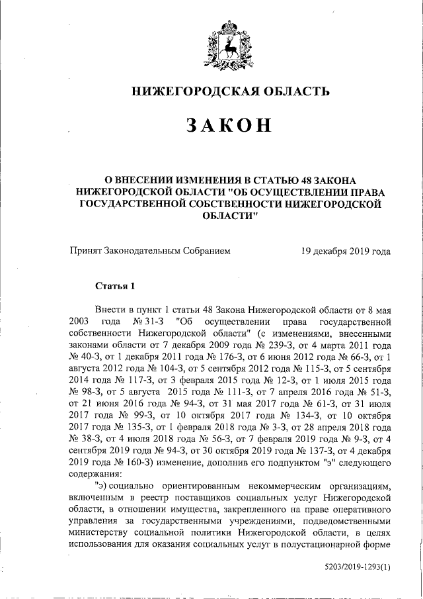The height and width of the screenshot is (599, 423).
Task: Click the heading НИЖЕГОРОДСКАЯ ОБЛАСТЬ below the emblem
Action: click(228, 92)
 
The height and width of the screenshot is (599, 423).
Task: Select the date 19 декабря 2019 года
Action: click(345, 252)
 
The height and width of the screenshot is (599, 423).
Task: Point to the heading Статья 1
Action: click(115, 287)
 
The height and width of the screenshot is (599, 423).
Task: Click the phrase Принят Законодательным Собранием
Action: click(149, 252)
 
